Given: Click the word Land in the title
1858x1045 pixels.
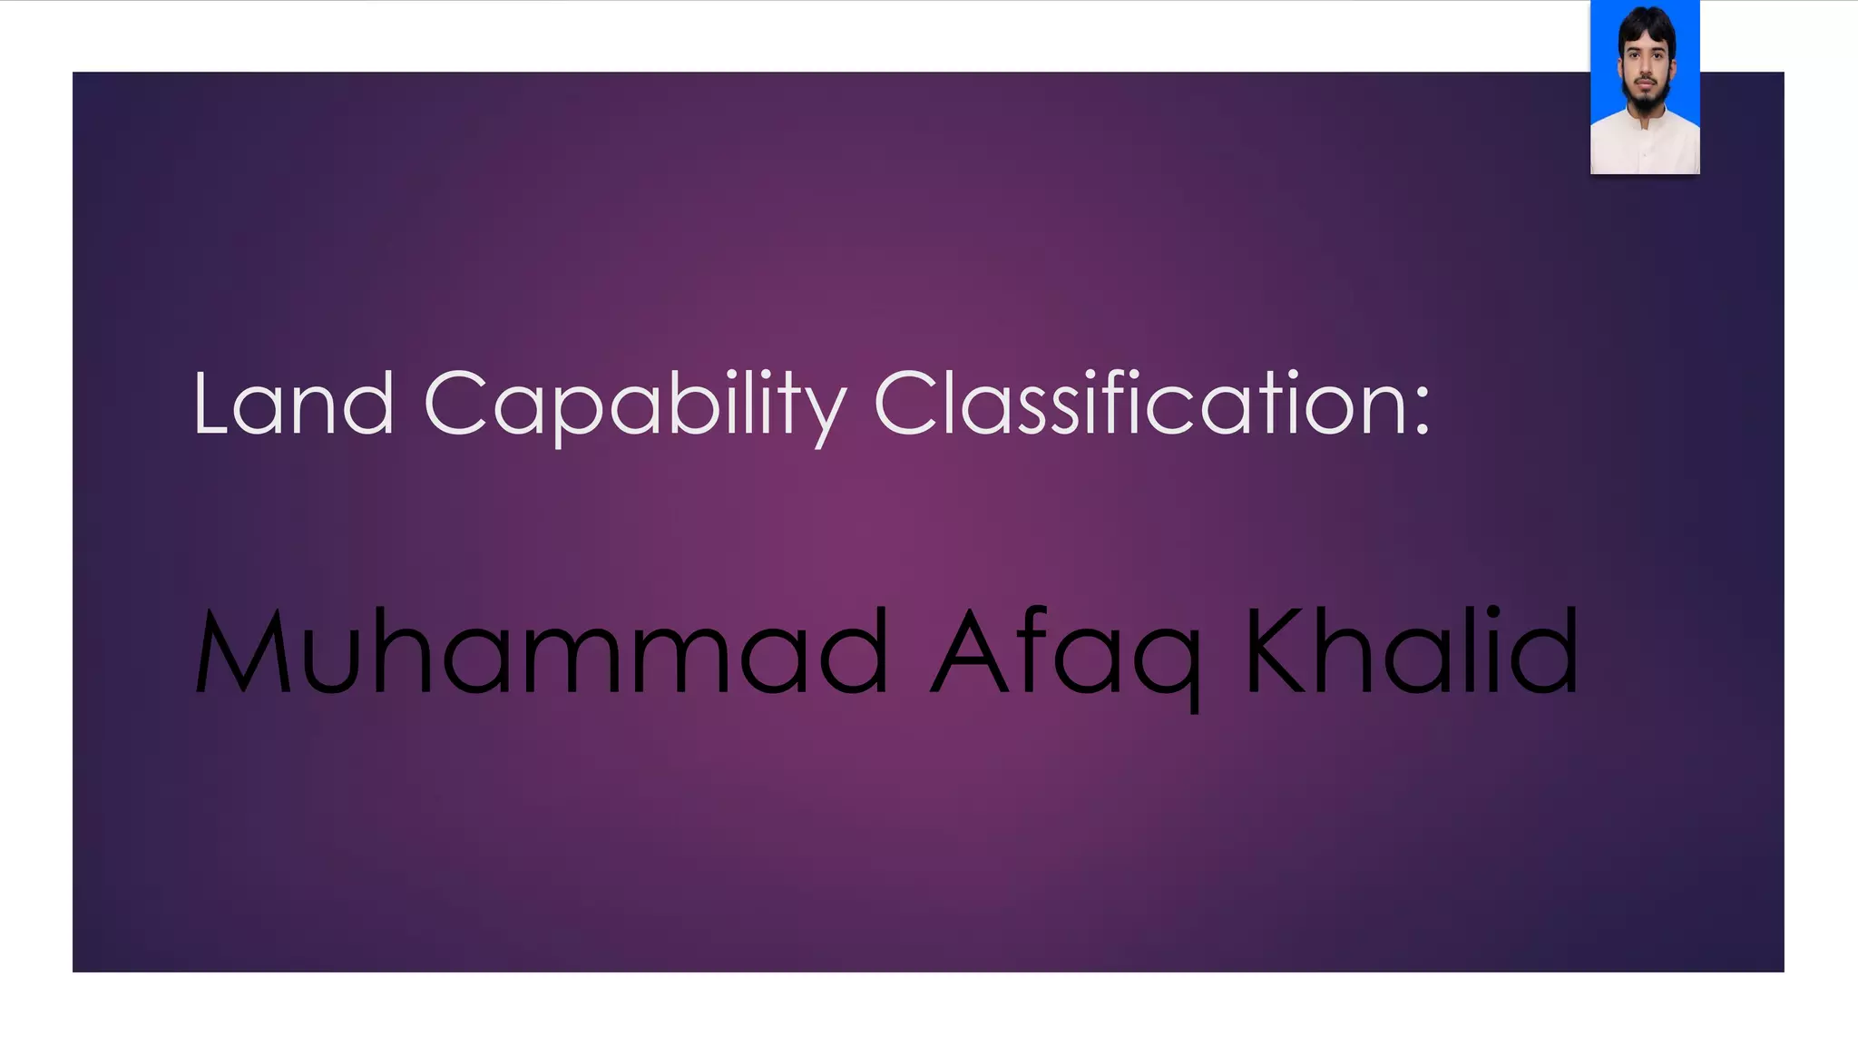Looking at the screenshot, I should point(293,404).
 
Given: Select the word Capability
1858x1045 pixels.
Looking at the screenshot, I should point(634,404).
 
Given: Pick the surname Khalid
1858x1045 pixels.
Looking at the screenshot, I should point(1412,650).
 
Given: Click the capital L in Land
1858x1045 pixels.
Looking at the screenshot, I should point(210,404).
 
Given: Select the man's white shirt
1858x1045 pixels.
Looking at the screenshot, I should point(1644,145).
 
